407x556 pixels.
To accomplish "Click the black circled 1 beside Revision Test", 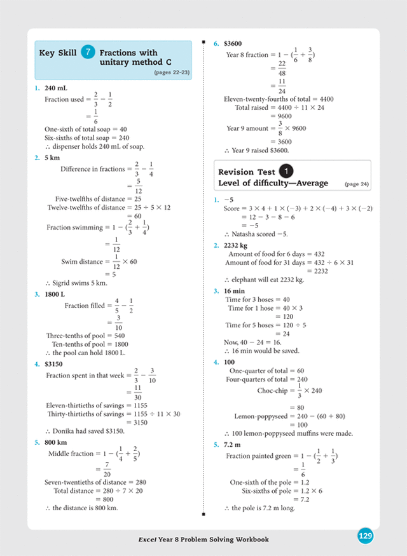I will [x=287, y=172].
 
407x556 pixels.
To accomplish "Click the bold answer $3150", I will [x=55, y=364].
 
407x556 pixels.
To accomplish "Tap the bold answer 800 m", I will [x=56, y=442].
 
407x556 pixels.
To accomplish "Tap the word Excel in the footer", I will [x=148, y=539].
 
